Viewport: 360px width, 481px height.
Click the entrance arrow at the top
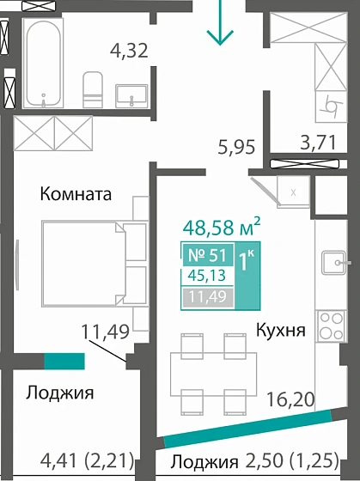pos(222,24)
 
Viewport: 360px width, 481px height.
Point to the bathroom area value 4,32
pos(130,50)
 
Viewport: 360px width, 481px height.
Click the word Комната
pos(76,194)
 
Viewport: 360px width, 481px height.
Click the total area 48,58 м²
pos(222,228)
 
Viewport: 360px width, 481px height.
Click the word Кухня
pos(280,328)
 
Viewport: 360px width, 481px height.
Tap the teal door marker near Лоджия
pos(64,362)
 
